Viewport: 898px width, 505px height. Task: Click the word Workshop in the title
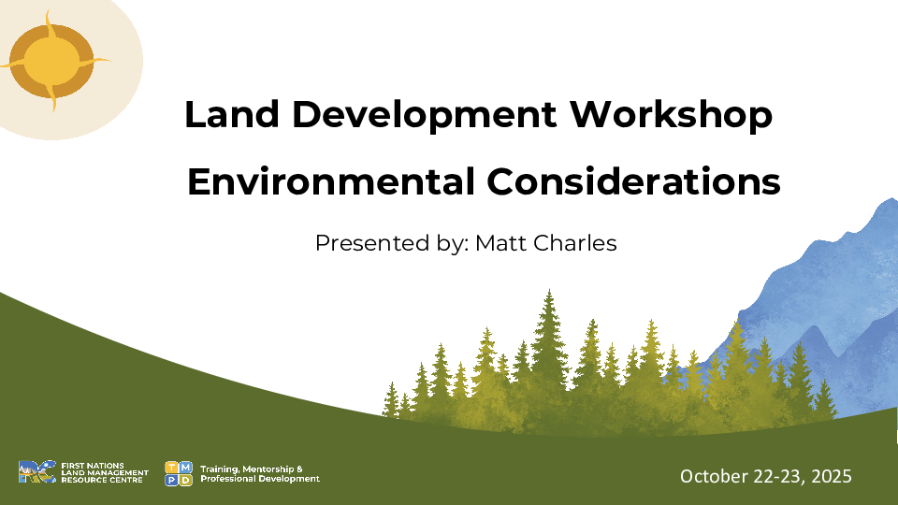(x=672, y=115)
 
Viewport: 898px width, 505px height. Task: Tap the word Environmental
(x=330, y=180)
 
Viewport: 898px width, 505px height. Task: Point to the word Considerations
(x=631, y=180)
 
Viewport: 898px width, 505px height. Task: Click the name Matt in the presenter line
(x=503, y=244)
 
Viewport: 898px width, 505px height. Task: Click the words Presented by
(x=386, y=245)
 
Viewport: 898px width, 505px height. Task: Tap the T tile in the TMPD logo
(x=171, y=467)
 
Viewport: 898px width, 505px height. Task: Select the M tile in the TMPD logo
(x=186, y=467)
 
